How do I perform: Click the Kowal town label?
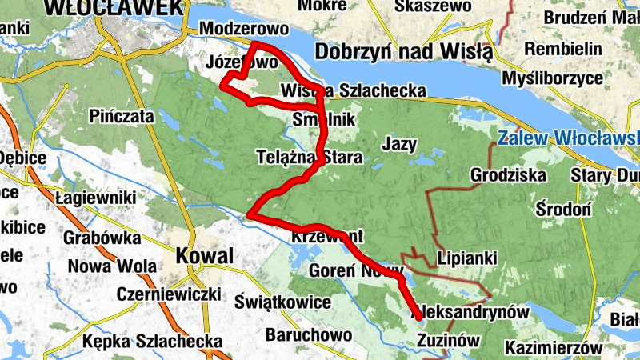(205, 257)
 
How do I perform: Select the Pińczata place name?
(122, 115)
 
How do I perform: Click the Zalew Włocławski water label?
(567, 138)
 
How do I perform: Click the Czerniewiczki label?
(157, 294)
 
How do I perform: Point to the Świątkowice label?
(284, 302)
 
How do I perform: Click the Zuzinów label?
(448, 341)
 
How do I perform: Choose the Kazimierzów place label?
(553, 348)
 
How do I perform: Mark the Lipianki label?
(468, 258)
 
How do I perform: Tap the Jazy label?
(400, 145)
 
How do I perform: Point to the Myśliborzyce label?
(553, 78)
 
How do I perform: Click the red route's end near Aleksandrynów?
(418, 318)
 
